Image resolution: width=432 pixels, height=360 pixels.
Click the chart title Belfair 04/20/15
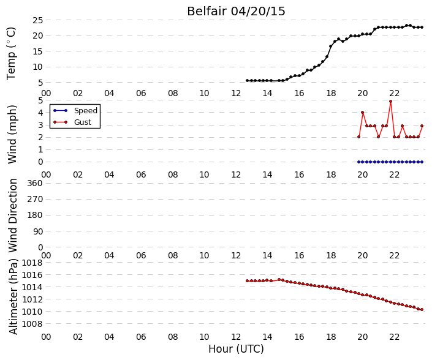click(x=236, y=11)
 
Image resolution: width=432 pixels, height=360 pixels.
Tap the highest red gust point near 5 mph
click(x=390, y=101)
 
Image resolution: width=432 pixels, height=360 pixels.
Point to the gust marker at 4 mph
click(x=363, y=112)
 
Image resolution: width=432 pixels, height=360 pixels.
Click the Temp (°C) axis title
click(x=11, y=53)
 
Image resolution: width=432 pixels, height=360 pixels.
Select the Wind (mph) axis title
click(x=12, y=134)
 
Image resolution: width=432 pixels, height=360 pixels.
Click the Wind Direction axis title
click(x=13, y=216)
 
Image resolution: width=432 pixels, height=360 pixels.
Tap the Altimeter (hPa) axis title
click(x=13, y=296)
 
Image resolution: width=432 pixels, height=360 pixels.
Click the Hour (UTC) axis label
click(x=236, y=349)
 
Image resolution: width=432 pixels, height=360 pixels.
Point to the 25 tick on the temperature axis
click(x=38, y=20)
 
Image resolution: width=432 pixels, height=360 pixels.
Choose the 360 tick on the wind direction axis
click(x=35, y=183)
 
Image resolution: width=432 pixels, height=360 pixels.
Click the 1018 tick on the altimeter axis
click(x=32, y=263)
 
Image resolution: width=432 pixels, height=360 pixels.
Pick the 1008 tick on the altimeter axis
click(x=32, y=324)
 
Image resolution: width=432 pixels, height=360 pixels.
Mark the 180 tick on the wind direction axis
click(x=35, y=216)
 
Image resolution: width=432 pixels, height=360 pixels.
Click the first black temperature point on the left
click(x=247, y=81)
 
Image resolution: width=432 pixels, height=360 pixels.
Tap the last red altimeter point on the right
click(x=422, y=310)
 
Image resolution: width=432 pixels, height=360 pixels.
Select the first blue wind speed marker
click(x=358, y=162)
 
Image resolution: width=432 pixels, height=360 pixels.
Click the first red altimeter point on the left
click(x=247, y=281)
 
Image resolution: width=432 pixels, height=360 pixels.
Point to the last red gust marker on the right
click(x=422, y=126)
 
